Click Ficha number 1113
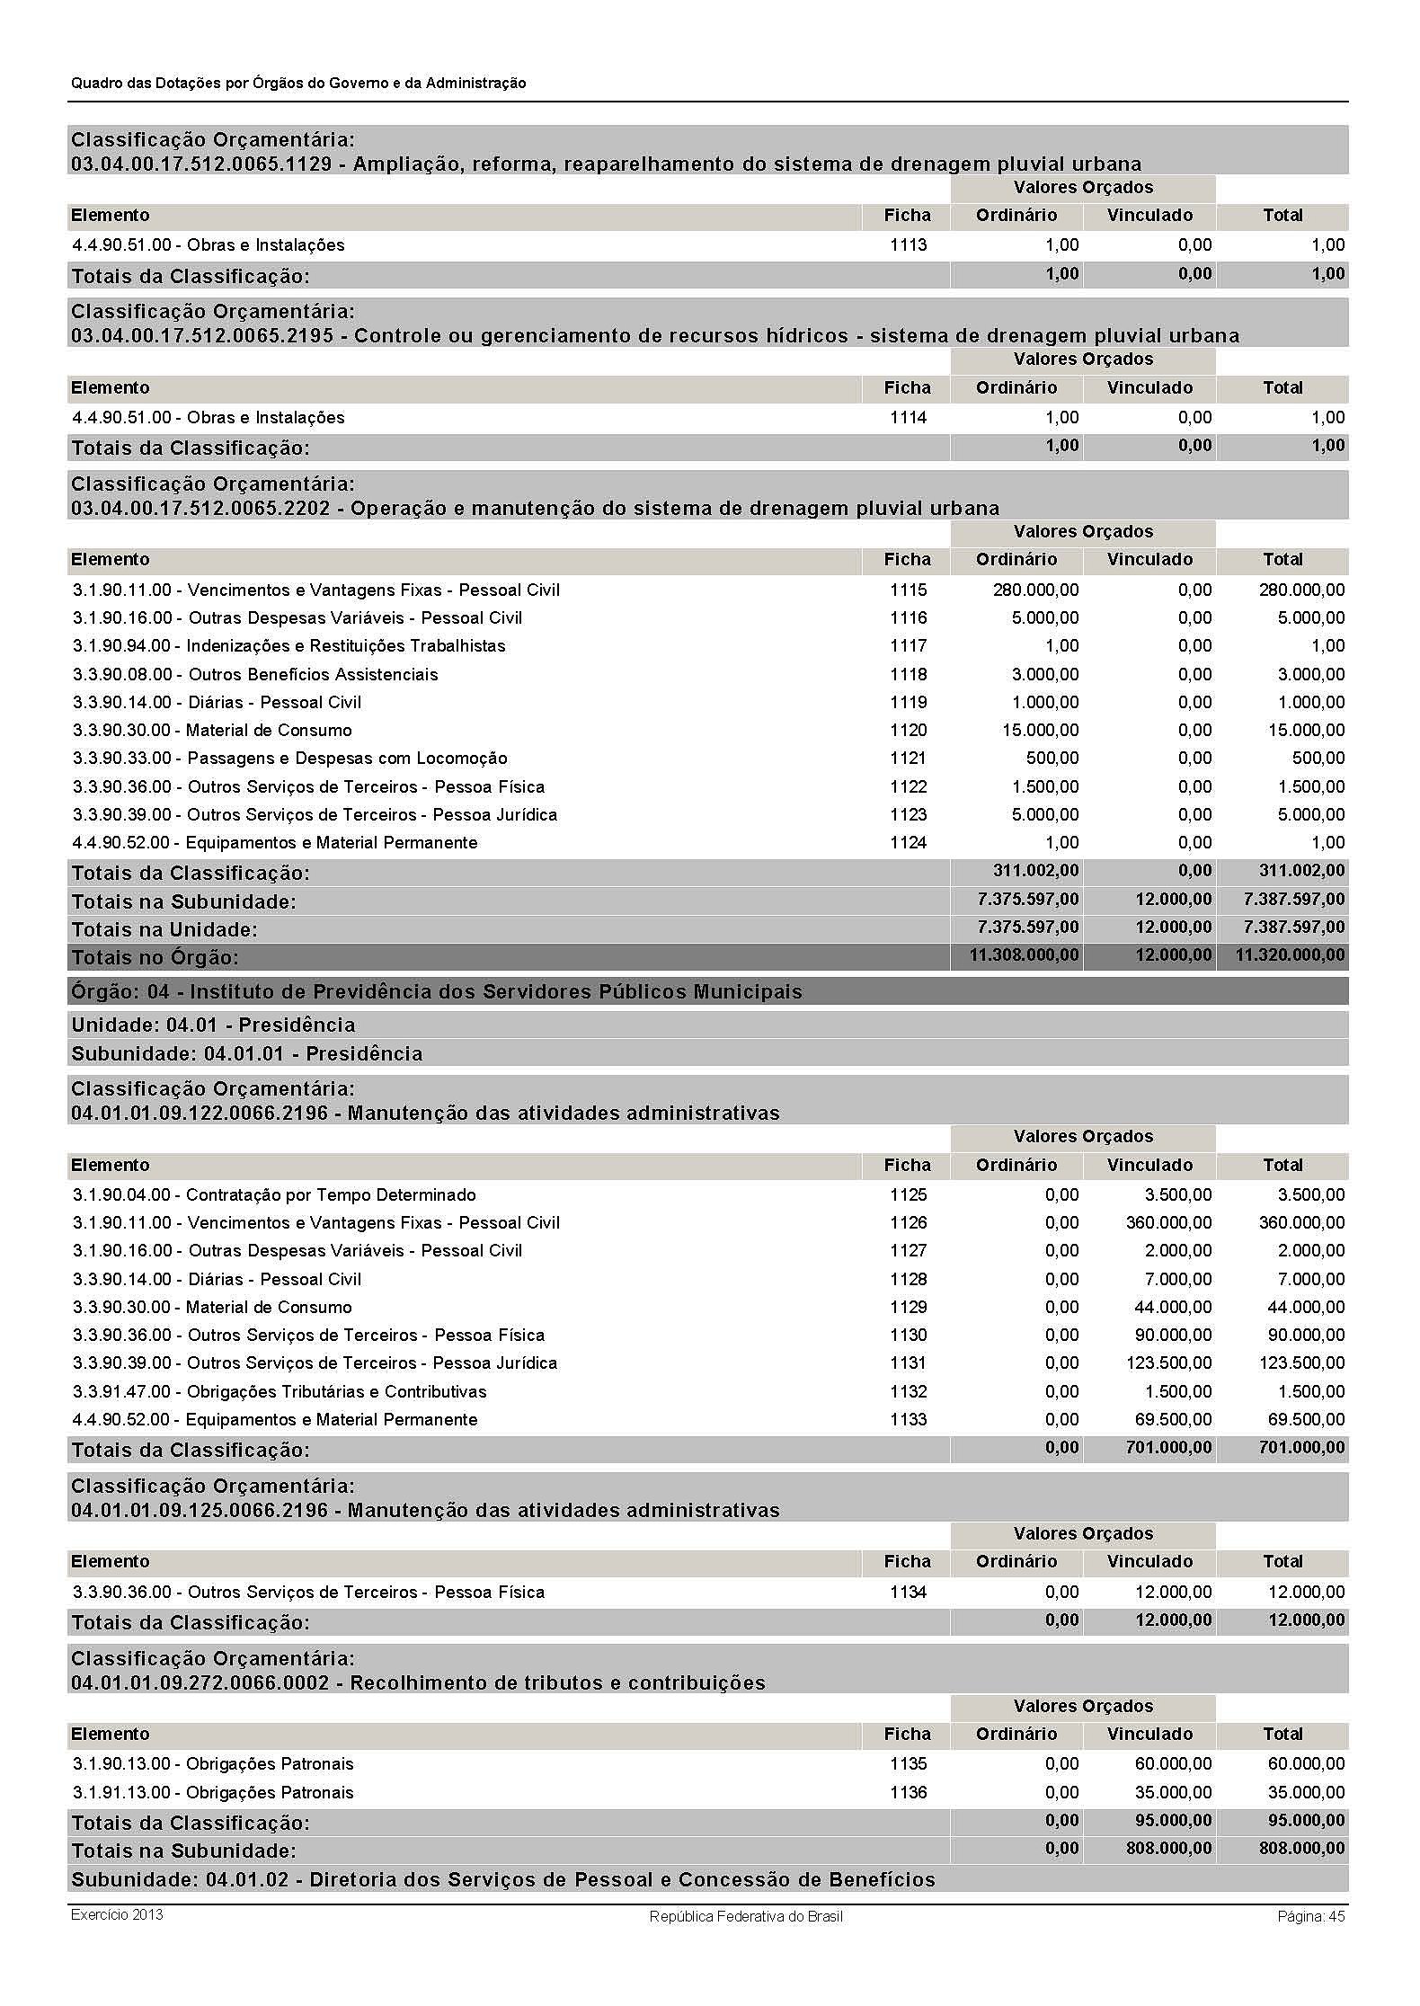pyautogui.click(x=908, y=245)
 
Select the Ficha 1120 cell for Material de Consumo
pyautogui.click(x=908, y=731)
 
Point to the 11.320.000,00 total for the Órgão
pyautogui.click(x=1290, y=955)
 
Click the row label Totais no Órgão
pyautogui.click(x=155, y=957)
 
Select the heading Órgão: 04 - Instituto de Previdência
pyautogui.click(x=437, y=992)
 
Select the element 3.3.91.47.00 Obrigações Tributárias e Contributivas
pyautogui.click(x=280, y=1392)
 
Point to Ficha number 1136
pyautogui.click(x=908, y=1793)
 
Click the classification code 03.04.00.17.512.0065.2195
pyautogui.click(x=202, y=336)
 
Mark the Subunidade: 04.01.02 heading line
pyautogui.click(x=503, y=1880)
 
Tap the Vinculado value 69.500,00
pyautogui.click(x=1173, y=1420)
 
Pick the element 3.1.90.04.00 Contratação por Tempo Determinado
pyautogui.click(x=274, y=1195)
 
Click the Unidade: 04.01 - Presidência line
pyautogui.click(x=213, y=1025)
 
